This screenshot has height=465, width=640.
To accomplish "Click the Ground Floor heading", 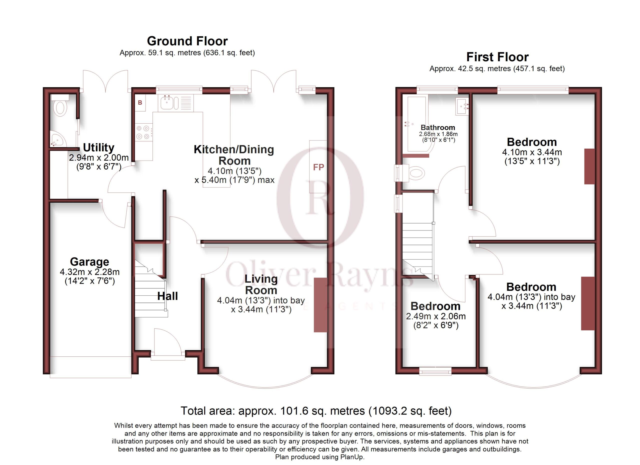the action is click(x=187, y=41).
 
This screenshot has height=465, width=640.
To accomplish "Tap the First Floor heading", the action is click(x=497, y=57).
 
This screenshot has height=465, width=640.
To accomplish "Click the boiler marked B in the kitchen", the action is click(x=140, y=103).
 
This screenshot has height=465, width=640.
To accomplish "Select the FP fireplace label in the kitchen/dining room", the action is click(x=318, y=167).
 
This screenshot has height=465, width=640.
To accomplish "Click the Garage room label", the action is click(x=89, y=261).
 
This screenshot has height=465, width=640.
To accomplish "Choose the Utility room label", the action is click(x=98, y=147).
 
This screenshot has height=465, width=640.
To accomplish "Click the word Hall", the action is click(x=167, y=296).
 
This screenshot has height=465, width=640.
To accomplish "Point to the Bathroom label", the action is click(x=438, y=127).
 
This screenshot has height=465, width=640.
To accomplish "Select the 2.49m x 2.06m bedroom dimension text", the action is click(x=436, y=316).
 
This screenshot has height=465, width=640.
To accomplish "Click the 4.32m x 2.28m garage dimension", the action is click(x=90, y=272).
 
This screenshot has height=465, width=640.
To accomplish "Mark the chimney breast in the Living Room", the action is click(x=320, y=305).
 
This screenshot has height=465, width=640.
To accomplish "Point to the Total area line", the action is click(x=316, y=411).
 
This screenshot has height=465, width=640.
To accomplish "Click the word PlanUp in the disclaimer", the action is click(x=351, y=457).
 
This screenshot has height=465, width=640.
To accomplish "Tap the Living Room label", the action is click(x=261, y=284).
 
